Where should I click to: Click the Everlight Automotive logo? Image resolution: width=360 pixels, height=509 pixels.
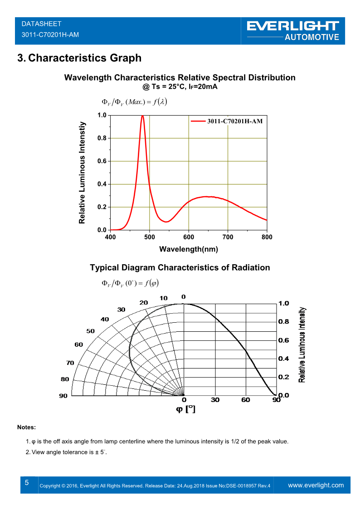[293, 30]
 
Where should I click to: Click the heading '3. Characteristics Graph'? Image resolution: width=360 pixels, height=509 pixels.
[79, 58]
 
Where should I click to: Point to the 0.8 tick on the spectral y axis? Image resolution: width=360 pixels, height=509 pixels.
[102, 138]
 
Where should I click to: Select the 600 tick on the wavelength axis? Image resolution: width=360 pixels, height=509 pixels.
[189, 237]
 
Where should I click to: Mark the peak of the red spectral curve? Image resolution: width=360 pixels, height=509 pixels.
[143, 116]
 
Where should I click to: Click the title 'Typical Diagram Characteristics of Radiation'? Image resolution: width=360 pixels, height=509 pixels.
[180, 267]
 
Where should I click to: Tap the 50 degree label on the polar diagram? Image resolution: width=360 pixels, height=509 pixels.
[91, 331]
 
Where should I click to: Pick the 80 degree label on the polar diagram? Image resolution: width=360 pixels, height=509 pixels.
[65, 379]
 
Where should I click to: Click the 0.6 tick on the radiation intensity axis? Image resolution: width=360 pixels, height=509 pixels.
[283, 340]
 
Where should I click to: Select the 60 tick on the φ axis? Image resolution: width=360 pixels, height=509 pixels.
[246, 400]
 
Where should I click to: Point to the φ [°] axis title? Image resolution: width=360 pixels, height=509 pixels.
[185, 409]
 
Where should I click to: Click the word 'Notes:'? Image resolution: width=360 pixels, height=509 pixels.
[26, 427]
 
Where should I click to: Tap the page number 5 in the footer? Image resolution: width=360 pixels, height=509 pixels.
[27, 483]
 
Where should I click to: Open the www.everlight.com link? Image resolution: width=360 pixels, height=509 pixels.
[316, 485]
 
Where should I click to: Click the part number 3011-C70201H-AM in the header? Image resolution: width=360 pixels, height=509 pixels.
[50, 34]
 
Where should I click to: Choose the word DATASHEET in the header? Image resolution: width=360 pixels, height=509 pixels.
[41, 24]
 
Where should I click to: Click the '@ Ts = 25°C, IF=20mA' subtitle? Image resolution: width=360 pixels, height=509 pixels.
[180, 87]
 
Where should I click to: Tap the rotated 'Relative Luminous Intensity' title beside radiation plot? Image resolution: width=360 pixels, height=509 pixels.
[302, 344]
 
